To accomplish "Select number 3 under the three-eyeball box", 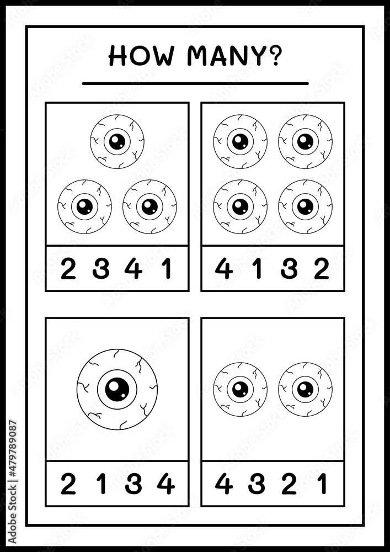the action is [x=100, y=268].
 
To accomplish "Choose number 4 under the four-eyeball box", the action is [x=223, y=268].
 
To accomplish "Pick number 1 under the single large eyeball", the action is [x=101, y=485].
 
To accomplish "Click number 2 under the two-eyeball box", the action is [x=289, y=485].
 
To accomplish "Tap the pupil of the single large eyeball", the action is [x=117, y=389].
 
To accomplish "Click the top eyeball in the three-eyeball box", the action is [x=117, y=141].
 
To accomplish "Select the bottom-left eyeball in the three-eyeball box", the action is [x=84, y=206].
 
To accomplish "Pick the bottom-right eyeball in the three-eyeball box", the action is [x=150, y=206].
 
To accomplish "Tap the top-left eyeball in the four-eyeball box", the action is [x=240, y=141].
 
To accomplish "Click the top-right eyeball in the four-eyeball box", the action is [x=305, y=141].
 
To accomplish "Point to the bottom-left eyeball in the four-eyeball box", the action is [x=240, y=206].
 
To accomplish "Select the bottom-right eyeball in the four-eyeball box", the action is [x=305, y=206].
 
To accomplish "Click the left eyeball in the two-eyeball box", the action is [x=240, y=389].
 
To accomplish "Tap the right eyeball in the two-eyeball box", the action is [x=305, y=389].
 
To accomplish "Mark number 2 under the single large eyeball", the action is [x=68, y=485].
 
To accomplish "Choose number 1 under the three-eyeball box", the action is [x=167, y=268].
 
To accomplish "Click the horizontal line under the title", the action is [x=195, y=83].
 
